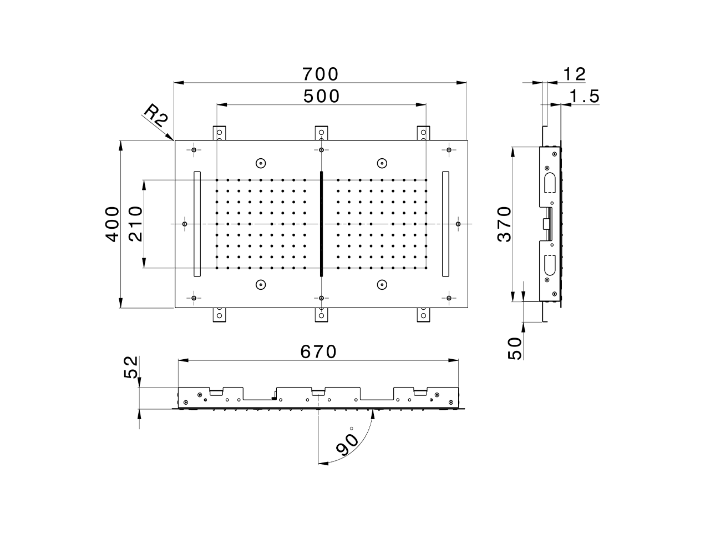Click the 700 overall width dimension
coord(320,74)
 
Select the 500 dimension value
coord(321,96)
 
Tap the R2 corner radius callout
coord(155,116)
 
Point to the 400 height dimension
coord(113,224)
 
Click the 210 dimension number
coord(135,224)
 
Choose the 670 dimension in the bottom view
coord(318,351)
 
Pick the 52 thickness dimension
coord(130,367)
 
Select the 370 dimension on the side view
coord(504,224)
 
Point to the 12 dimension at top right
coord(574,74)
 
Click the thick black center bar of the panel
coord(321,224)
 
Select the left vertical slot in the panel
coord(196,224)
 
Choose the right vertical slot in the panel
coord(445,224)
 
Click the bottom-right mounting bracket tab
coord(424,315)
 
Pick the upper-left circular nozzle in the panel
coord(261,163)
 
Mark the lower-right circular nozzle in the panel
coord(381,285)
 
